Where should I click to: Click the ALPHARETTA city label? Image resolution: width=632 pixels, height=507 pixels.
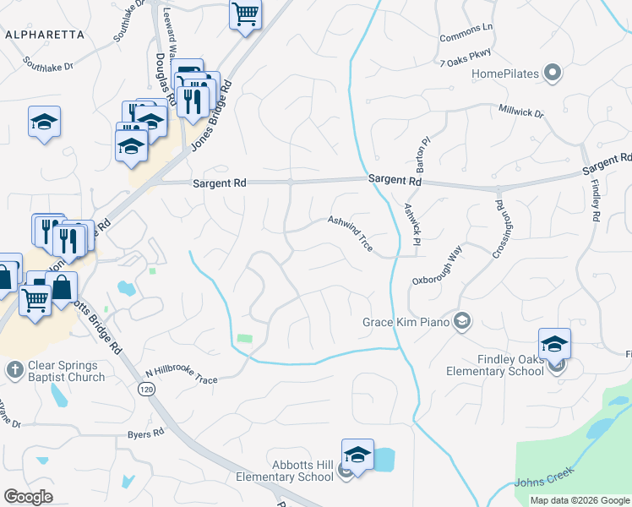[45, 35]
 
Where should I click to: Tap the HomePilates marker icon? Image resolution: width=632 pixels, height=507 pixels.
[553, 74]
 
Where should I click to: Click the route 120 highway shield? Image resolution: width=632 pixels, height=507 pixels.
[144, 389]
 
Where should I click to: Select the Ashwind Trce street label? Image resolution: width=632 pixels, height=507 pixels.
[351, 232]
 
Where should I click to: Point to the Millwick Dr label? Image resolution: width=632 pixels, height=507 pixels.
[521, 112]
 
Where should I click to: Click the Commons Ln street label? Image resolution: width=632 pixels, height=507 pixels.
[466, 33]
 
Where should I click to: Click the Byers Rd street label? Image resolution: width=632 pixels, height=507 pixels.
[145, 433]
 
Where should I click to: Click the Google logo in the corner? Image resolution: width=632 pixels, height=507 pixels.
[28, 497]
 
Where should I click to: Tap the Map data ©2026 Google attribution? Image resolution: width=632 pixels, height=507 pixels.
[579, 500]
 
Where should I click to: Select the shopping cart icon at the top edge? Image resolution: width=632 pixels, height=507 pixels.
[245, 14]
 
